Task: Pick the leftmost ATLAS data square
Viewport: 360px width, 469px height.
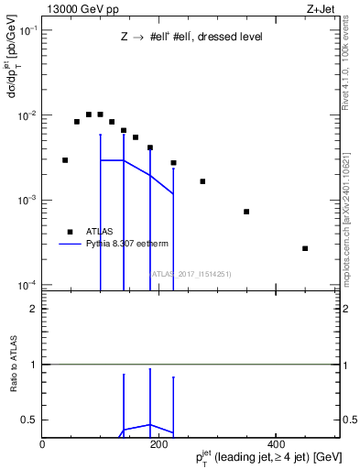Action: point(65,160)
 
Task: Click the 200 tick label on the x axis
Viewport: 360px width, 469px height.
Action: point(159,444)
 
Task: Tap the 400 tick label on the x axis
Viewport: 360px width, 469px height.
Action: point(276,444)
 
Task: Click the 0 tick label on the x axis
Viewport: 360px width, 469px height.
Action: point(43,444)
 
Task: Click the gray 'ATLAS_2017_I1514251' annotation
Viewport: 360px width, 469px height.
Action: point(191,273)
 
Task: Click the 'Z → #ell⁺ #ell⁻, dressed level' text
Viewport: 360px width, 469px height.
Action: point(191,38)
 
